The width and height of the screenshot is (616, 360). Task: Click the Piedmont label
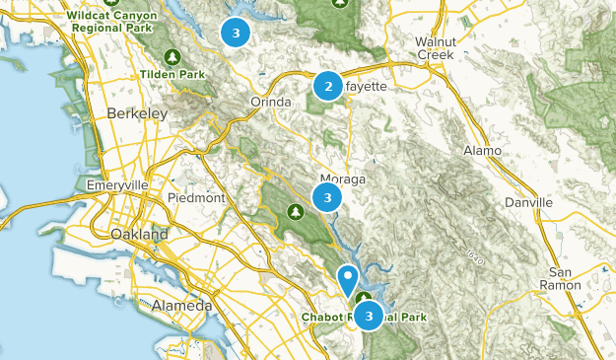[x=197, y=197]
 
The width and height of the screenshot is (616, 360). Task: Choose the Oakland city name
[x=139, y=235]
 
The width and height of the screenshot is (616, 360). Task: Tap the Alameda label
[x=181, y=307]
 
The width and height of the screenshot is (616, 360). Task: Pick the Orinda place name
[x=271, y=102]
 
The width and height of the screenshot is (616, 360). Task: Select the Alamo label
[x=483, y=150]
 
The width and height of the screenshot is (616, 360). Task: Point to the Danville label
[x=526, y=201]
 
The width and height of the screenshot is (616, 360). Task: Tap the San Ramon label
[x=567, y=278]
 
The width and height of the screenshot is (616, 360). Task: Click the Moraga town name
[x=345, y=180]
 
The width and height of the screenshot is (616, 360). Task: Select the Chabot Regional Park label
[x=364, y=318]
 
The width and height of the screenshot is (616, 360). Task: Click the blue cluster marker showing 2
[x=328, y=87]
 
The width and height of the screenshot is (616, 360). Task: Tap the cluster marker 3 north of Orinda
[x=235, y=33]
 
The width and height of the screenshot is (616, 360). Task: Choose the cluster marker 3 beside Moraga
[x=326, y=198]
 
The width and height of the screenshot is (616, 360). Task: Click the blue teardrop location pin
[x=347, y=279]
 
